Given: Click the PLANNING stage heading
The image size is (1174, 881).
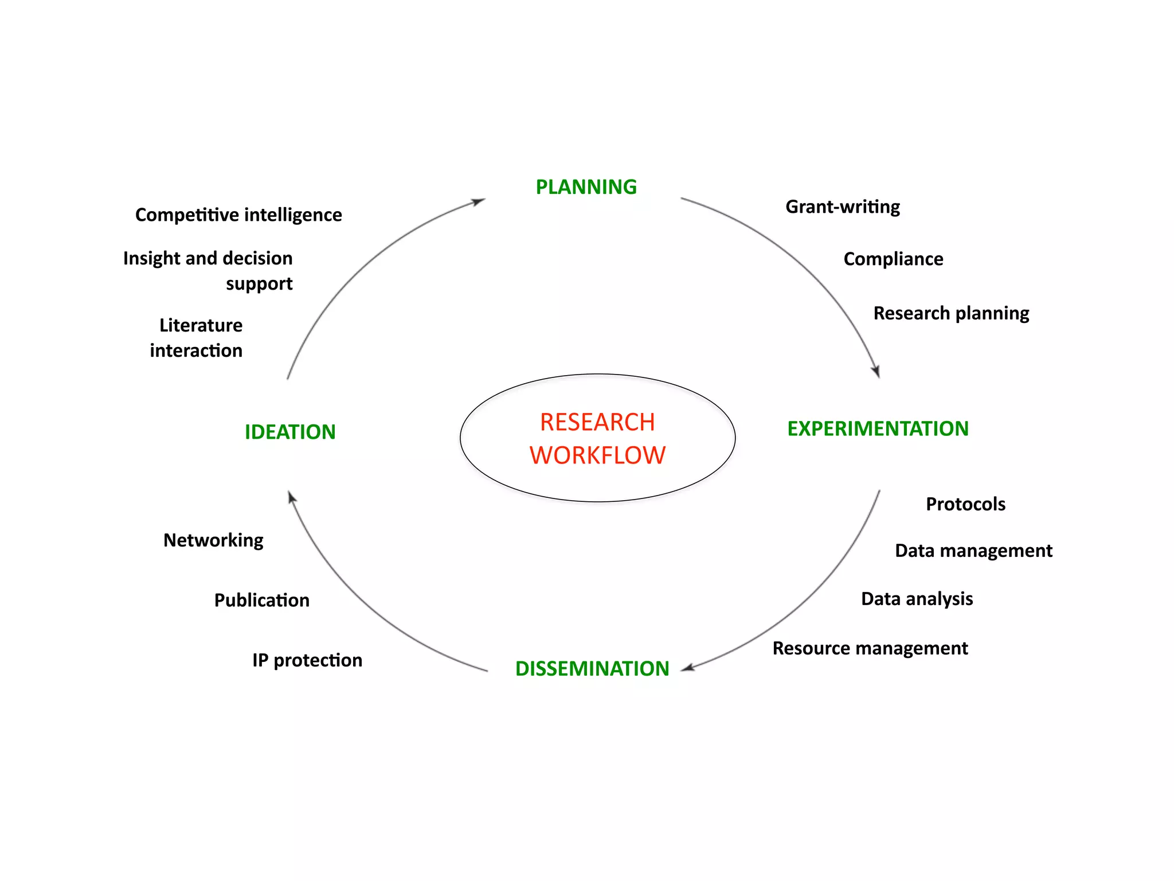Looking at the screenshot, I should pyautogui.click(x=586, y=187).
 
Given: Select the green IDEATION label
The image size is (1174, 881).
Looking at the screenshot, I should pyautogui.click(x=290, y=432).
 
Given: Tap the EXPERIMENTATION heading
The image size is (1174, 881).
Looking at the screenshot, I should pyautogui.click(x=878, y=428).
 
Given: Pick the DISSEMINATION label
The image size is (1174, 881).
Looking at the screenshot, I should pyautogui.click(x=592, y=668).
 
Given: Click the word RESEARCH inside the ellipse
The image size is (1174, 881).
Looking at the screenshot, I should pyautogui.click(x=597, y=422).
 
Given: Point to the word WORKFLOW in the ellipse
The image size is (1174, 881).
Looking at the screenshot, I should pyautogui.click(x=597, y=455).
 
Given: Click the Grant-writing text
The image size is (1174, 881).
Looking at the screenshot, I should pyautogui.click(x=842, y=206).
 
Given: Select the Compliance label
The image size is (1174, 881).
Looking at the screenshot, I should pyautogui.click(x=893, y=259).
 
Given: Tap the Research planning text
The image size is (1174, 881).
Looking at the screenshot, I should pyautogui.click(x=951, y=313).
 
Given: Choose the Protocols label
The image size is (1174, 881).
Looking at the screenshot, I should pyautogui.click(x=965, y=504).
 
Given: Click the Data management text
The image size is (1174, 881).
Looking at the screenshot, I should pyautogui.click(x=973, y=551).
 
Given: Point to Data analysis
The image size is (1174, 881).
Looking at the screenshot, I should pyautogui.click(x=917, y=599).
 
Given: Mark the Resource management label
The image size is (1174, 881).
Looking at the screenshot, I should pyautogui.click(x=870, y=648).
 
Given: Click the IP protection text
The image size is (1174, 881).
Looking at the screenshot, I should pyautogui.click(x=307, y=660).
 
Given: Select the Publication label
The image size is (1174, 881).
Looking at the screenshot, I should pyautogui.click(x=262, y=600).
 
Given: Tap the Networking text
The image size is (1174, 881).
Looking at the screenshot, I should pyautogui.click(x=213, y=540).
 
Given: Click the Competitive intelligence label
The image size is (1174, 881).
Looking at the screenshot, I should pyautogui.click(x=238, y=215).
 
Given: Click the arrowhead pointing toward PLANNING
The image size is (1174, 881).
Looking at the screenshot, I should pyautogui.click(x=479, y=201).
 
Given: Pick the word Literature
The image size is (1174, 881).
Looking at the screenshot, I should pyautogui.click(x=201, y=325).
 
